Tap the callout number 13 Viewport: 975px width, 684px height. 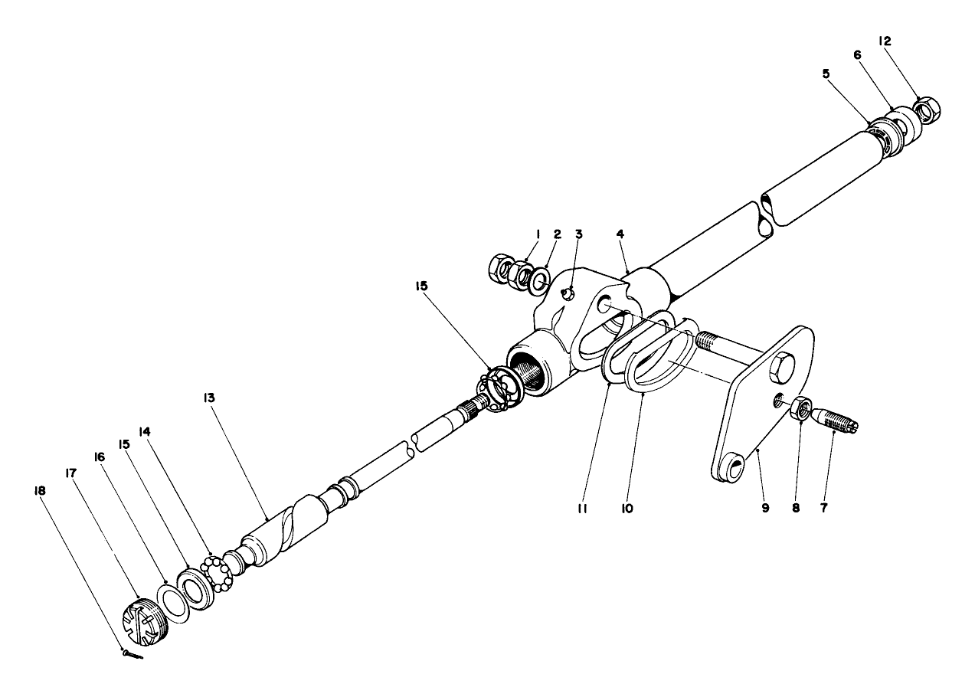click(209, 398)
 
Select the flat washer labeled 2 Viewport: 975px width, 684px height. click(539, 277)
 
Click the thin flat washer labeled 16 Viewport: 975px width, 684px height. click(174, 599)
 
